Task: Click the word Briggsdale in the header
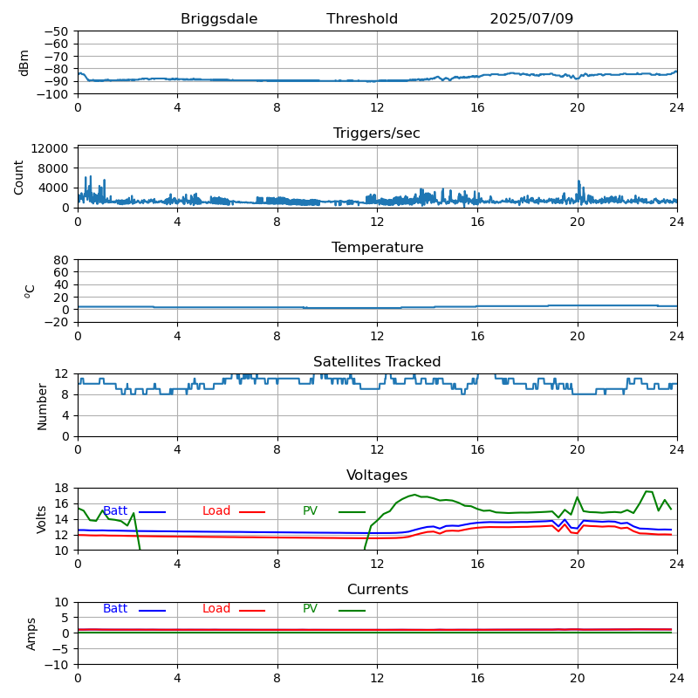(219, 19)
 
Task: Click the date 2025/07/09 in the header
(531, 19)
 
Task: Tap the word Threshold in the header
(362, 19)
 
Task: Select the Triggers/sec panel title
(377, 133)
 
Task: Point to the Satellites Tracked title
(377, 362)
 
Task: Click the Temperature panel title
(377, 248)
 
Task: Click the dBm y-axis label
(24, 62)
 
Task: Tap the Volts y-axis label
(43, 519)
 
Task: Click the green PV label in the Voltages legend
(310, 511)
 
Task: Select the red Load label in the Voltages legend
(216, 511)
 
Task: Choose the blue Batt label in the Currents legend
(115, 609)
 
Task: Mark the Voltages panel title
(377, 476)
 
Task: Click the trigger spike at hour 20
(578, 183)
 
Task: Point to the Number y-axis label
(43, 406)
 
